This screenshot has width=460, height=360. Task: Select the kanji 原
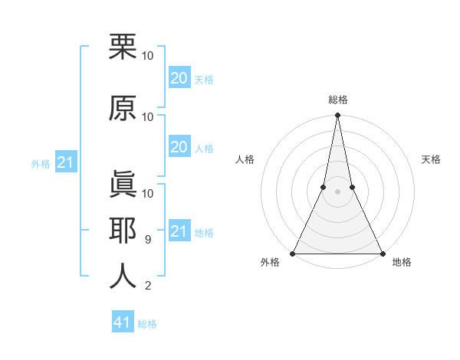click(x=123, y=108)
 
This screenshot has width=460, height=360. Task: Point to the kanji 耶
click(x=123, y=230)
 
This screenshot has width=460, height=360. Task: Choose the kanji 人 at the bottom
click(x=123, y=276)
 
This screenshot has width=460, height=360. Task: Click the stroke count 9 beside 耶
click(x=147, y=240)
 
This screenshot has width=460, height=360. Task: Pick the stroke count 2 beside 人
click(x=147, y=286)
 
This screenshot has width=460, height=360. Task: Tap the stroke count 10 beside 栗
click(x=148, y=56)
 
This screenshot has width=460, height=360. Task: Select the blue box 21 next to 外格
click(x=66, y=162)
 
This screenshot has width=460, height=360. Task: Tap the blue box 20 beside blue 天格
click(x=179, y=77)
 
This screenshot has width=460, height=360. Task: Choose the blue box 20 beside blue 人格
click(x=179, y=147)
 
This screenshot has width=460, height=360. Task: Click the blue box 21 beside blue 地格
click(x=179, y=231)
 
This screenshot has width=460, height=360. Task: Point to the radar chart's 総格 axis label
click(x=337, y=100)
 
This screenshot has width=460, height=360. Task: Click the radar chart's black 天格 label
click(x=431, y=159)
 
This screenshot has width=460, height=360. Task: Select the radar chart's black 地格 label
click(x=402, y=262)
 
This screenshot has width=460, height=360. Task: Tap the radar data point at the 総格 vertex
click(x=337, y=116)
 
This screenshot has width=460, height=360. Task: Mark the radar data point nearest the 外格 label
click(x=293, y=254)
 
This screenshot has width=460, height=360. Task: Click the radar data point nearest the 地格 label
click(x=382, y=254)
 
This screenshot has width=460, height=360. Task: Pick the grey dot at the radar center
click(x=337, y=192)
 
